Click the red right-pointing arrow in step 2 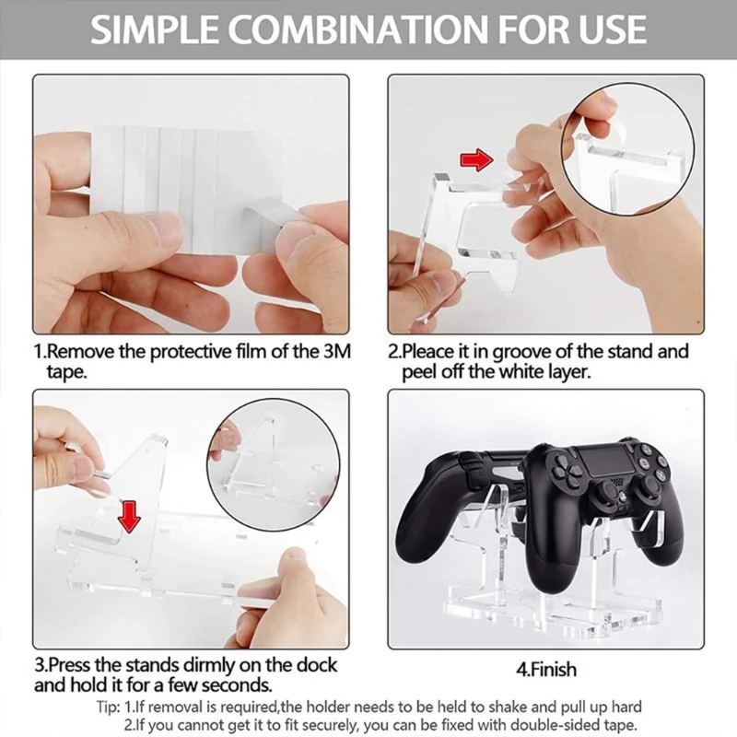coord(476,159)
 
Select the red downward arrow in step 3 coord(130,517)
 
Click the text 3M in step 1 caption coord(337,352)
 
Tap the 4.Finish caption coord(545,670)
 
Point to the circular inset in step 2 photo coord(628,149)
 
